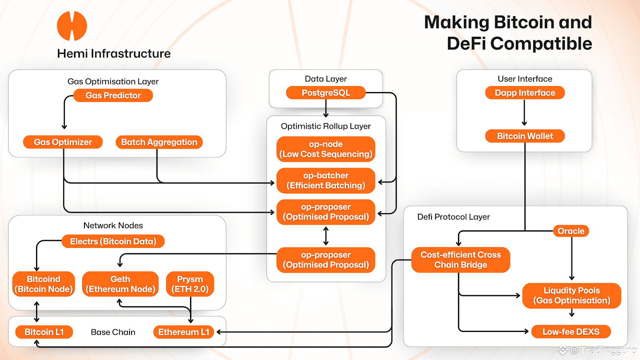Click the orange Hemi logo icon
coord(72,26)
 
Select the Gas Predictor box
coord(113,96)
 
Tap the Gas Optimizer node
coord(63,142)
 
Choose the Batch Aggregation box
coord(159,142)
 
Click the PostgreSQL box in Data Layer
coord(326,93)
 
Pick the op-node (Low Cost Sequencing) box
coord(326,149)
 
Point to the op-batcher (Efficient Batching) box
coord(326,180)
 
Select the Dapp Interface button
coord(525,93)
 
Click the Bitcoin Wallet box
coord(525,136)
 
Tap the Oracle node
coord(571,231)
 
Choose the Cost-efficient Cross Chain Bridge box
coord(460,260)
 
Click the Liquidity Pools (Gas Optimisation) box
coord(572,296)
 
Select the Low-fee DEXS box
coord(571,332)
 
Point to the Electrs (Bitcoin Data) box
coord(113,241)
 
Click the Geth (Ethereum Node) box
coord(120,284)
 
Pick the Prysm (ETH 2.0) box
coord(190,284)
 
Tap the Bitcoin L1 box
coord(44,332)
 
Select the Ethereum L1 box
coord(184,332)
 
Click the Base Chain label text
coord(113,332)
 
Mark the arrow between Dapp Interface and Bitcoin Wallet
coord(524,113)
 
